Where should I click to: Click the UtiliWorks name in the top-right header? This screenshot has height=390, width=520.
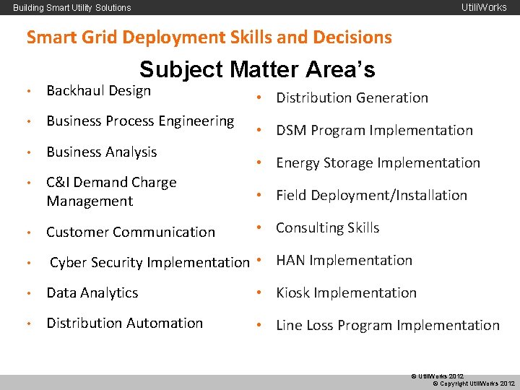click(484, 8)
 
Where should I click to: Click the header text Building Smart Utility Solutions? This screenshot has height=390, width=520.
click(72, 8)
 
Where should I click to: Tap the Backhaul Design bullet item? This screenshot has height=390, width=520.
click(98, 90)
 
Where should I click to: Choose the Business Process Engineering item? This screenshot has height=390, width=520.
click(140, 121)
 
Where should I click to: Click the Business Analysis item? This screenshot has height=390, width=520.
click(101, 152)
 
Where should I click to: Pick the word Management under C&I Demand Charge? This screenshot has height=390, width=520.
click(90, 201)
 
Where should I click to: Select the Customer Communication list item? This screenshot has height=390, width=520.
click(130, 232)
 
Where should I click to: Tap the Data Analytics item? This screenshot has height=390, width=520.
click(92, 292)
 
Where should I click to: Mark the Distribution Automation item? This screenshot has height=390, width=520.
click(124, 323)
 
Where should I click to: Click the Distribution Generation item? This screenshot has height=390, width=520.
click(352, 97)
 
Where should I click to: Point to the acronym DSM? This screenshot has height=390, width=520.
click(291, 131)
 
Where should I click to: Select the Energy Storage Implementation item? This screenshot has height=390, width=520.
click(378, 162)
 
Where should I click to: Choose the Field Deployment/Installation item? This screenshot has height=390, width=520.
click(371, 195)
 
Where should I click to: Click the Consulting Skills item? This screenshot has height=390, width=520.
click(327, 227)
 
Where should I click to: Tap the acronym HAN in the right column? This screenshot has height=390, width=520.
click(290, 260)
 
